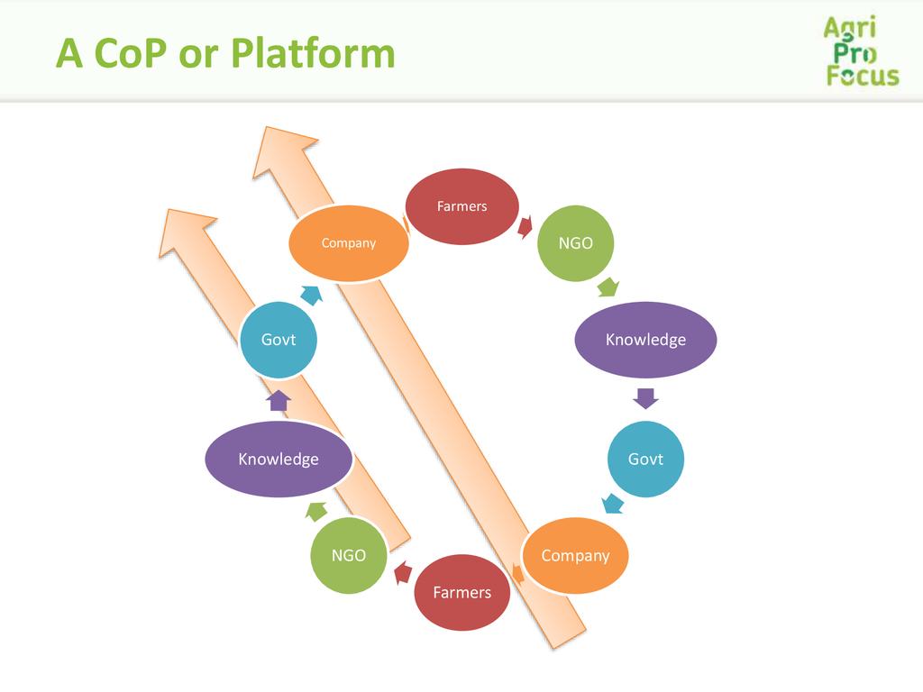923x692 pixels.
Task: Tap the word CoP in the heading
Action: [130, 53]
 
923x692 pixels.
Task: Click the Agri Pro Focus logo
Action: [862, 51]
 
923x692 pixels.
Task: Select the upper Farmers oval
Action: [462, 206]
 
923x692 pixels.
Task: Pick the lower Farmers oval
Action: [462, 592]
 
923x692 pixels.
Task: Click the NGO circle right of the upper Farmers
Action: [576, 243]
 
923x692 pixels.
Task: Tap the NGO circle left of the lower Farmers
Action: [349, 555]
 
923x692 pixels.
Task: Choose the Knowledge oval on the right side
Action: [645, 340]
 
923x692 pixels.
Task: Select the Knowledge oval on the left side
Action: [279, 459]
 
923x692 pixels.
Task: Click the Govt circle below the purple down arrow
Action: [645, 459]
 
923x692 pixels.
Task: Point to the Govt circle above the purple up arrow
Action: [279, 340]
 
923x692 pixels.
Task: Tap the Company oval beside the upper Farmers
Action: [349, 243]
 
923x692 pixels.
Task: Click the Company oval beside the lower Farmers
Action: [575, 555]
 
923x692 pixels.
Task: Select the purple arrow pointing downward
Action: [645, 398]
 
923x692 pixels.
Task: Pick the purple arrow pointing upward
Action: [279, 400]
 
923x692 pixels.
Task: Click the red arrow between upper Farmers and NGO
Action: [525, 226]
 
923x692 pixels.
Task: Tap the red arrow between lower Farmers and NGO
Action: [403, 572]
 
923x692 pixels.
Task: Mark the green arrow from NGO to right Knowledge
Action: [608, 287]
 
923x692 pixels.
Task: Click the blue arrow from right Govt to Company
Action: [613, 504]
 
